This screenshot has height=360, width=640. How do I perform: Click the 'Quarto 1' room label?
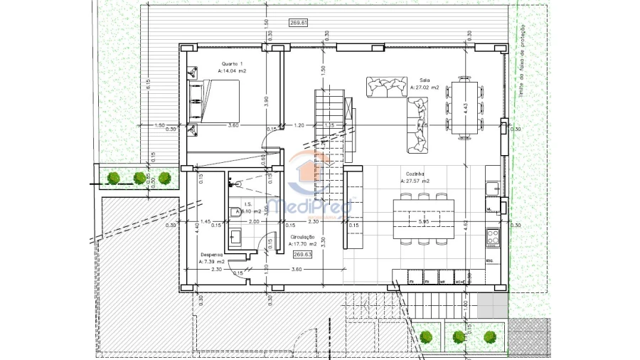tap(233, 64)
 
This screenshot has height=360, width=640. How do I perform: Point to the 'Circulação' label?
tap(302, 236)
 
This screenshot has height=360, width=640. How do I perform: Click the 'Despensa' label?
tap(212, 254)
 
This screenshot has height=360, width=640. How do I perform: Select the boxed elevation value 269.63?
tap(302, 253)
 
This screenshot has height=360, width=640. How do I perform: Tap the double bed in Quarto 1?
tap(213, 101)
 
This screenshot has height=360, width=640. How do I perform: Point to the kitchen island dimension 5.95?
tap(424, 222)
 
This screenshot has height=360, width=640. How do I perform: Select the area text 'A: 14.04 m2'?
tap(233, 72)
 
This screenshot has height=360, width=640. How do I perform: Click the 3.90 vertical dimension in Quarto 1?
tap(266, 101)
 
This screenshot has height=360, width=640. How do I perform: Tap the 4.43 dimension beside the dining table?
tap(465, 108)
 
